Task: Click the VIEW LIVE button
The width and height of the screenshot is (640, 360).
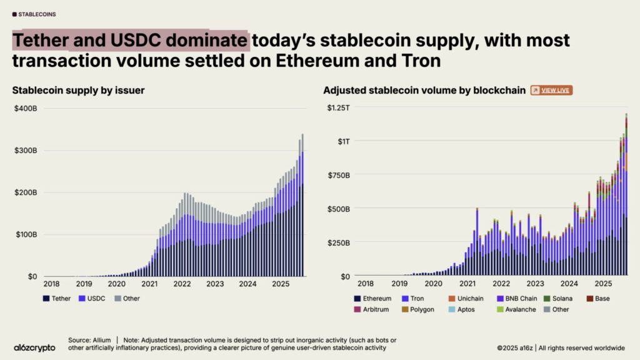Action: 551,91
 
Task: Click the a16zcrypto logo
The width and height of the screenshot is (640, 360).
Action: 34,347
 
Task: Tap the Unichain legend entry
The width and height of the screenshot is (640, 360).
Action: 464,299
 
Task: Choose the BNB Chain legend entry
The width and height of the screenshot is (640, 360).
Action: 517,299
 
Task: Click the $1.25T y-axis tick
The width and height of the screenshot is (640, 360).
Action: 339,109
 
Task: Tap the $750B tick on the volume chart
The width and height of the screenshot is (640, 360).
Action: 338,175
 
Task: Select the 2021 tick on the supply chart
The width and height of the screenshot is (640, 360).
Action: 149,284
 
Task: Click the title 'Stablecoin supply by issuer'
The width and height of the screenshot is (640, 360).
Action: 79,91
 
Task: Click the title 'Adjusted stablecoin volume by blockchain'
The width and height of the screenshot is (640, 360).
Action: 424,91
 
